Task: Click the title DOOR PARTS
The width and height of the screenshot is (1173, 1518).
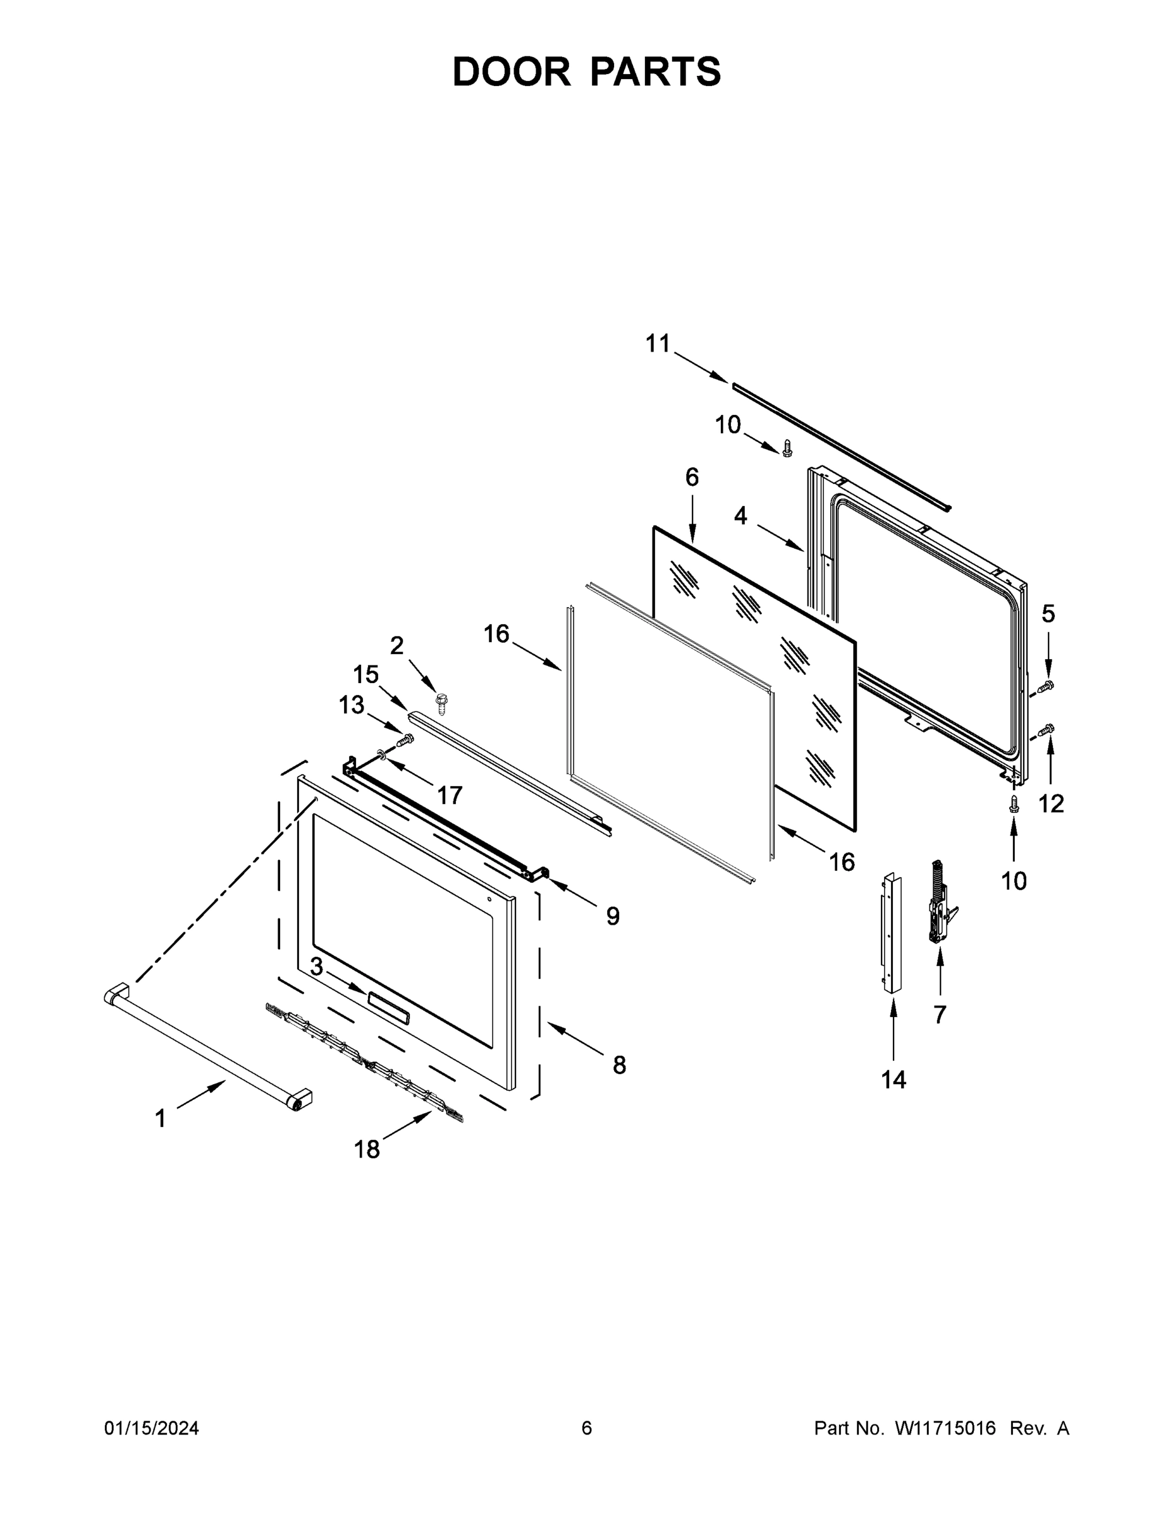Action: [x=587, y=71]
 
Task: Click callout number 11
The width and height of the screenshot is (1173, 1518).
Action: [x=658, y=343]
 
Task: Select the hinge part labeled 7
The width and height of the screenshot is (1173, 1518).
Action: [x=940, y=904]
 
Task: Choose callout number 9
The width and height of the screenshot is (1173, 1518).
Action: [x=612, y=916]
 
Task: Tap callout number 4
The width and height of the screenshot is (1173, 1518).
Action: [x=740, y=515]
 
